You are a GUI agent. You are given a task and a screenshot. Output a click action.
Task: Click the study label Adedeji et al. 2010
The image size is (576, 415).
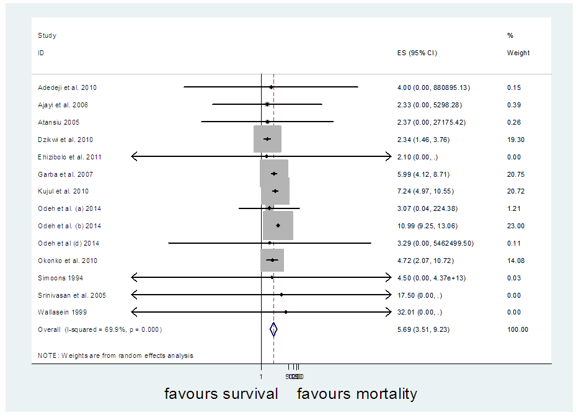point(67,87)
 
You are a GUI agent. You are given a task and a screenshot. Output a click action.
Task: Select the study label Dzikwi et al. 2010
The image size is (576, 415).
point(65,140)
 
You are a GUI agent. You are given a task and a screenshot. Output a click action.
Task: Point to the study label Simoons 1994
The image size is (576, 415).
point(60,278)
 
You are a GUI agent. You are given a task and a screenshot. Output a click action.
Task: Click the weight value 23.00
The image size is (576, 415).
point(515,226)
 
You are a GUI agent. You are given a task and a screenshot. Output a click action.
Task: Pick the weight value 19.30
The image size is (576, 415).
point(515,140)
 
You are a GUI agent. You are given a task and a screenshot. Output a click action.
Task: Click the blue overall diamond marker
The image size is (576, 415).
point(273,330)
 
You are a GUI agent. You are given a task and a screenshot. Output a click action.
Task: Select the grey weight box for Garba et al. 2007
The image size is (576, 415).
point(273,174)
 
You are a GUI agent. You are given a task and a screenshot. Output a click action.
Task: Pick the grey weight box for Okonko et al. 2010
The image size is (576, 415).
point(272,260)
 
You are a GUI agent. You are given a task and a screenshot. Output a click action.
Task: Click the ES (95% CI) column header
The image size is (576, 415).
point(417,53)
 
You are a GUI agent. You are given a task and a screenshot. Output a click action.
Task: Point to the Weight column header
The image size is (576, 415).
point(518,53)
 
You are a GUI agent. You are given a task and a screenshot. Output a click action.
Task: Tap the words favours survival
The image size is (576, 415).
point(221,394)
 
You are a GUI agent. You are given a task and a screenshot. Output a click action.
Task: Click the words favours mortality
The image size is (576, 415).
point(357,394)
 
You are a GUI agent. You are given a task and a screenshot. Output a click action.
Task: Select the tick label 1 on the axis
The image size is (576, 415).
point(261,377)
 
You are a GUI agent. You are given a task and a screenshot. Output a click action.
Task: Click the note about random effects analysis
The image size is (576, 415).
point(115,355)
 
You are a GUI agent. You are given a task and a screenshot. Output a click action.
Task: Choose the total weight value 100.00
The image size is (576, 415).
point(517,329)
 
